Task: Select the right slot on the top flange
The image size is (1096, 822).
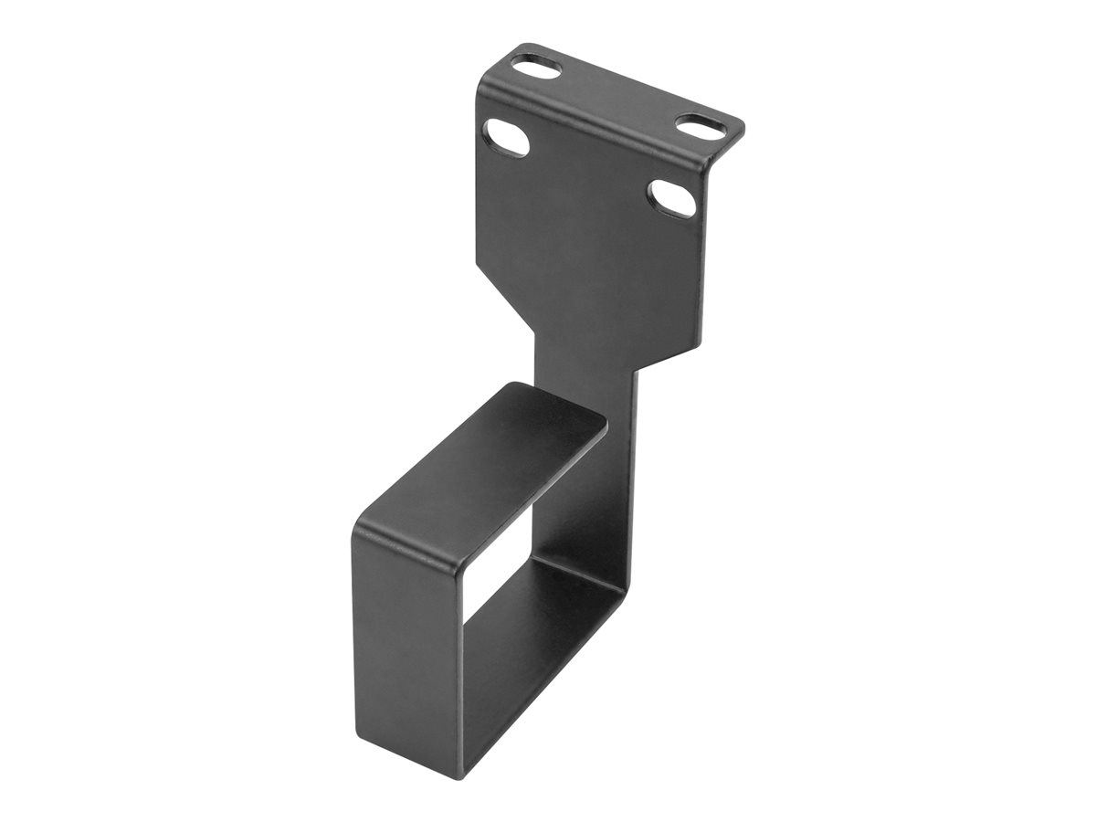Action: tap(696, 126)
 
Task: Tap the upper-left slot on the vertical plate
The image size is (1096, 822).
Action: tap(507, 137)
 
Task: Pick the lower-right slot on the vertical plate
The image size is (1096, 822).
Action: tap(673, 198)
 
